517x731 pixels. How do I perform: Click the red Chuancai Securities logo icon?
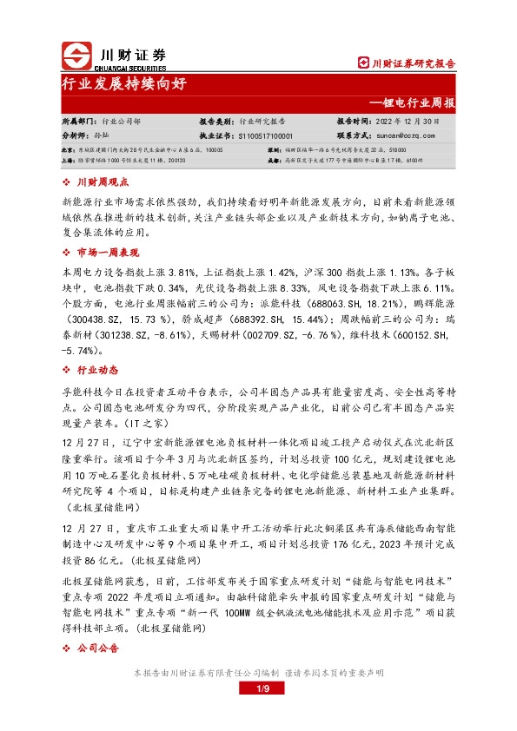coord(76,56)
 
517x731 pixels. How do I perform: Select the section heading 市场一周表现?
coord(108,252)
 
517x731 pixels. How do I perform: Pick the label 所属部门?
coord(79,122)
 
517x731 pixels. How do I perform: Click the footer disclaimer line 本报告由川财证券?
coord(258,673)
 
